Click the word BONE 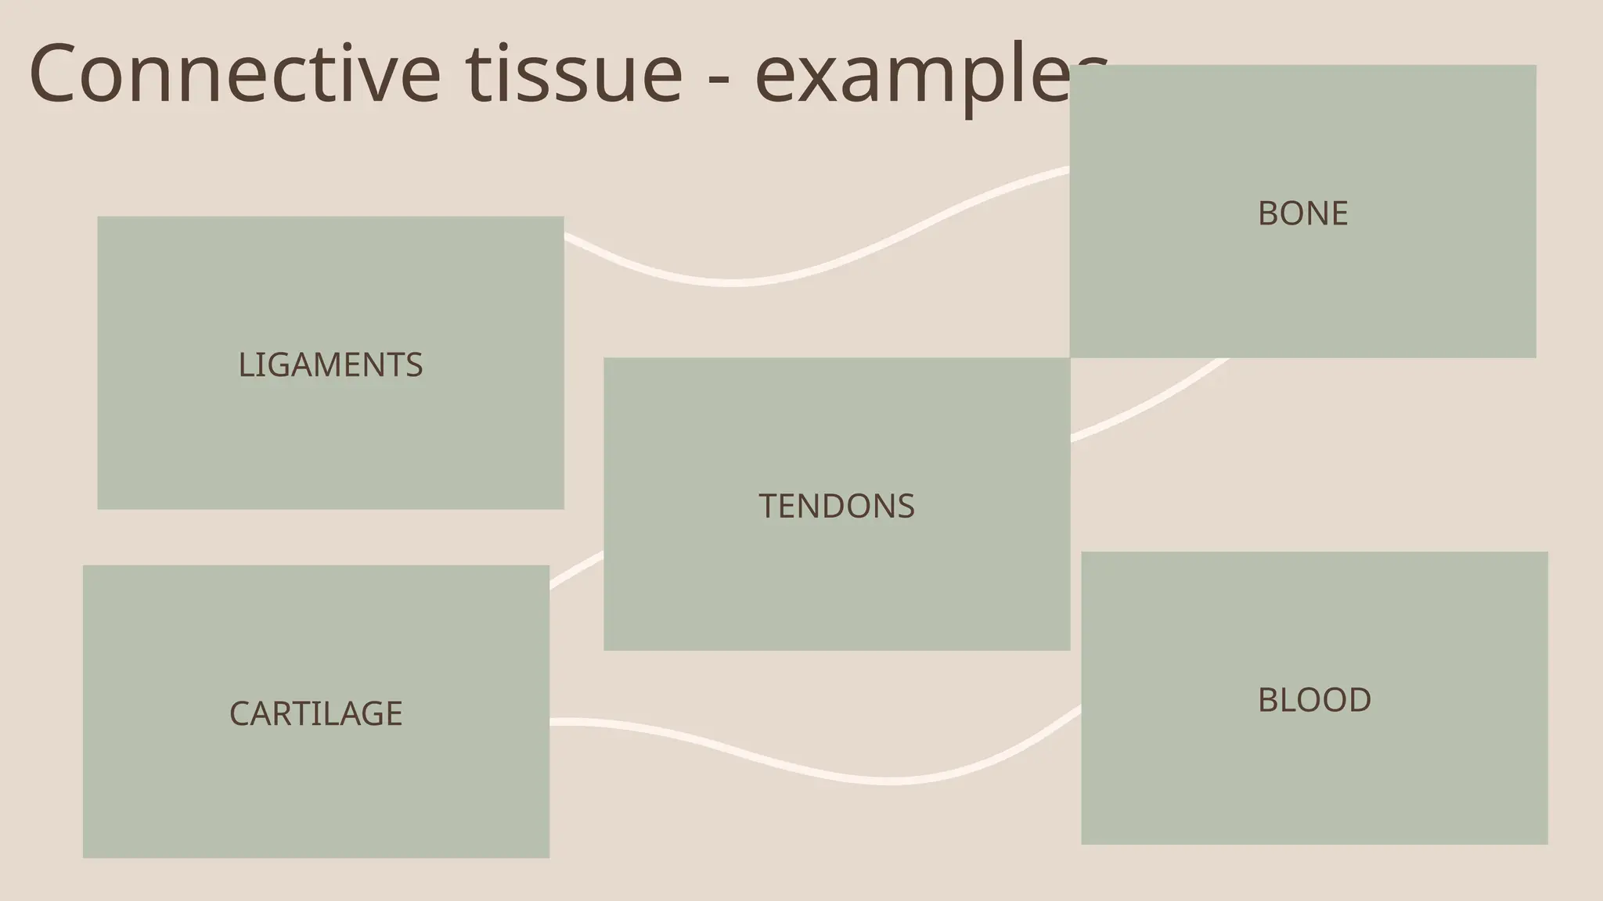(x=1302, y=214)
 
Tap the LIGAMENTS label (x=330, y=365)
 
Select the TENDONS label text (x=836, y=506)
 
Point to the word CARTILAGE (x=315, y=713)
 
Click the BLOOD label (x=1314, y=700)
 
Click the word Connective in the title (x=234, y=74)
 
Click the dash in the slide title (x=718, y=78)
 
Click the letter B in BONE (x=1267, y=214)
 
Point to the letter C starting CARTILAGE (x=239, y=713)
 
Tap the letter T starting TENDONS (x=767, y=506)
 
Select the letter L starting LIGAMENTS (x=244, y=365)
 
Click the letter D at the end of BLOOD (x=1360, y=700)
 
